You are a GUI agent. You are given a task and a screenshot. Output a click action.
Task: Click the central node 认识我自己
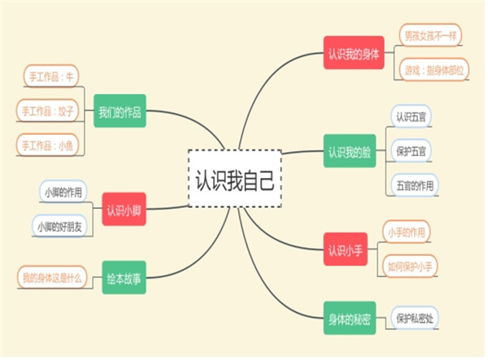point(234,179)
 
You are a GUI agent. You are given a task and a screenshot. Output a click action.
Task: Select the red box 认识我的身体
point(354,54)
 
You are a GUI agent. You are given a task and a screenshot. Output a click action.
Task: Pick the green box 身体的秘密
point(349,318)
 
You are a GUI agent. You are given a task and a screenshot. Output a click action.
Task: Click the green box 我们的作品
point(120,112)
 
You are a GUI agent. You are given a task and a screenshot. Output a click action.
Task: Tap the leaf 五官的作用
point(414,185)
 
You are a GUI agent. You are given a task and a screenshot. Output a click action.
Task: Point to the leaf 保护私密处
point(415,318)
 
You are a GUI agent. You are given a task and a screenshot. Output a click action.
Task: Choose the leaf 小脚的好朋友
point(62,227)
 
